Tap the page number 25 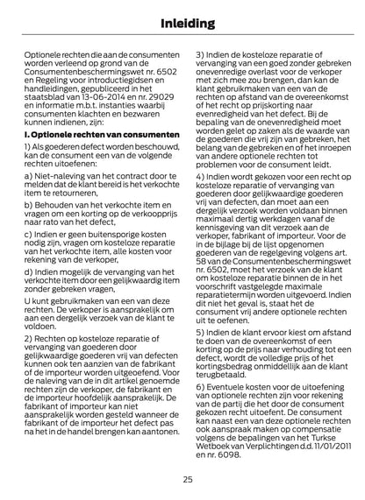tap(188, 479)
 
